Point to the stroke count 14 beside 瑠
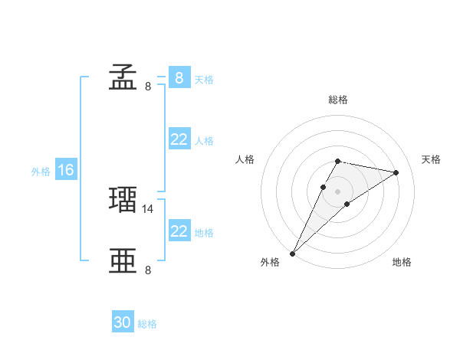pos(149,208)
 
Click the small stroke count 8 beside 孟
pos(148,86)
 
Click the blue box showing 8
pos(179,77)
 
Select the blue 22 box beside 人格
pos(179,139)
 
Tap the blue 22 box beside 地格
pos(179,231)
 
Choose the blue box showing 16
pos(65,170)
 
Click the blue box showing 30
pos(122,322)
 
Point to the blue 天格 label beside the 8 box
pos(204,79)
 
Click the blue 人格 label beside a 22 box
pos(204,141)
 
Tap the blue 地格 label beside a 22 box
pos(204,232)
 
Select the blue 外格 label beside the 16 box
pos(41,172)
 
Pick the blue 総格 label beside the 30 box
pos(147,324)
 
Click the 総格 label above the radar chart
pos(337,100)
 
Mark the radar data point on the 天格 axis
pos(396,173)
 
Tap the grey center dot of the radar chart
pos(337,191)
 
